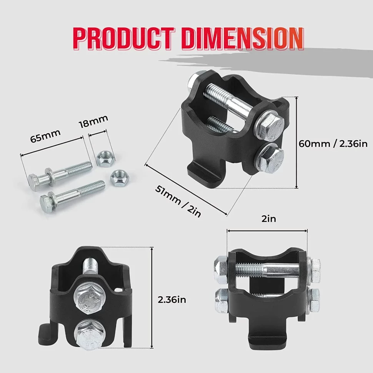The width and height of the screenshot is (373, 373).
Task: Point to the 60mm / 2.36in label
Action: tap(333, 144)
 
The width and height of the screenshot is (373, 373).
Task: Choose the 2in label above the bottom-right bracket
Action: tap(268, 219)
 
